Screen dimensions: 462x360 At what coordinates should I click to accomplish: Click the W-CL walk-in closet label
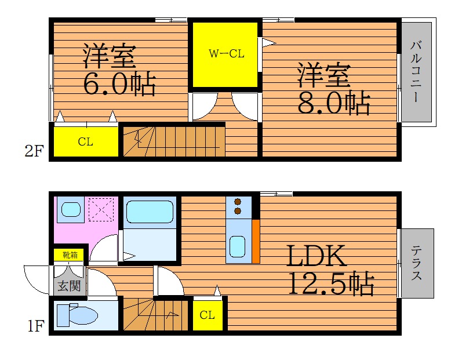(x=226, y=53)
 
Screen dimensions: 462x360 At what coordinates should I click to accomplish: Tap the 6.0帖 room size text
(x=119, y=83)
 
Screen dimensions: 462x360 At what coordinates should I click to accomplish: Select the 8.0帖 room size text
(x=334, y=103)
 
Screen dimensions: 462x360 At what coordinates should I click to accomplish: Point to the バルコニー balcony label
(x=416, y=71)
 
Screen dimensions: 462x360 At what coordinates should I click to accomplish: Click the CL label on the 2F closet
(x=85, y=141)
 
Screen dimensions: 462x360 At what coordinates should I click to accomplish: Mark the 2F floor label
(x=34, y=151)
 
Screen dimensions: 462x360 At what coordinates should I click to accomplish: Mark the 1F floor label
(x=36, y=326)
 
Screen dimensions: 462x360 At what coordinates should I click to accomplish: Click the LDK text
(x=316, y=256)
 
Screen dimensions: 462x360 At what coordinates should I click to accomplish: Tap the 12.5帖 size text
(x=331, y=283)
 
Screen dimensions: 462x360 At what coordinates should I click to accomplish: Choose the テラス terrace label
(x=416, y=263)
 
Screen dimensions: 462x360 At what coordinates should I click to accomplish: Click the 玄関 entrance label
(x=69, y=286)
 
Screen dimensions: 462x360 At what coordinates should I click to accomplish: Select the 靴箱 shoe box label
(x=70, y=255)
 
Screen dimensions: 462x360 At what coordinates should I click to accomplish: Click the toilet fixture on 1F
(x=77, y=315)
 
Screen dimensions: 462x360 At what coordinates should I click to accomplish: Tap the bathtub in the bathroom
(x=150, y=212)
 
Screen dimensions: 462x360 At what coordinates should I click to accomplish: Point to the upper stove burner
(x=238, y=202)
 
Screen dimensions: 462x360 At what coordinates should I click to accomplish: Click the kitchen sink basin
(x=238, y=246)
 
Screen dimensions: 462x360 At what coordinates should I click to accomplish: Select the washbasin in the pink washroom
(x=71, y=209)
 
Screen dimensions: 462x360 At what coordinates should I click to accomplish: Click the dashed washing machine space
(x=101, y=209)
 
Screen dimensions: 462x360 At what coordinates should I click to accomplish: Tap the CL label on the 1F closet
(x=207, y=315)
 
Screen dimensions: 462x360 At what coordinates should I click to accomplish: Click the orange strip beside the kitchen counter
(x=256, y=241)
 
